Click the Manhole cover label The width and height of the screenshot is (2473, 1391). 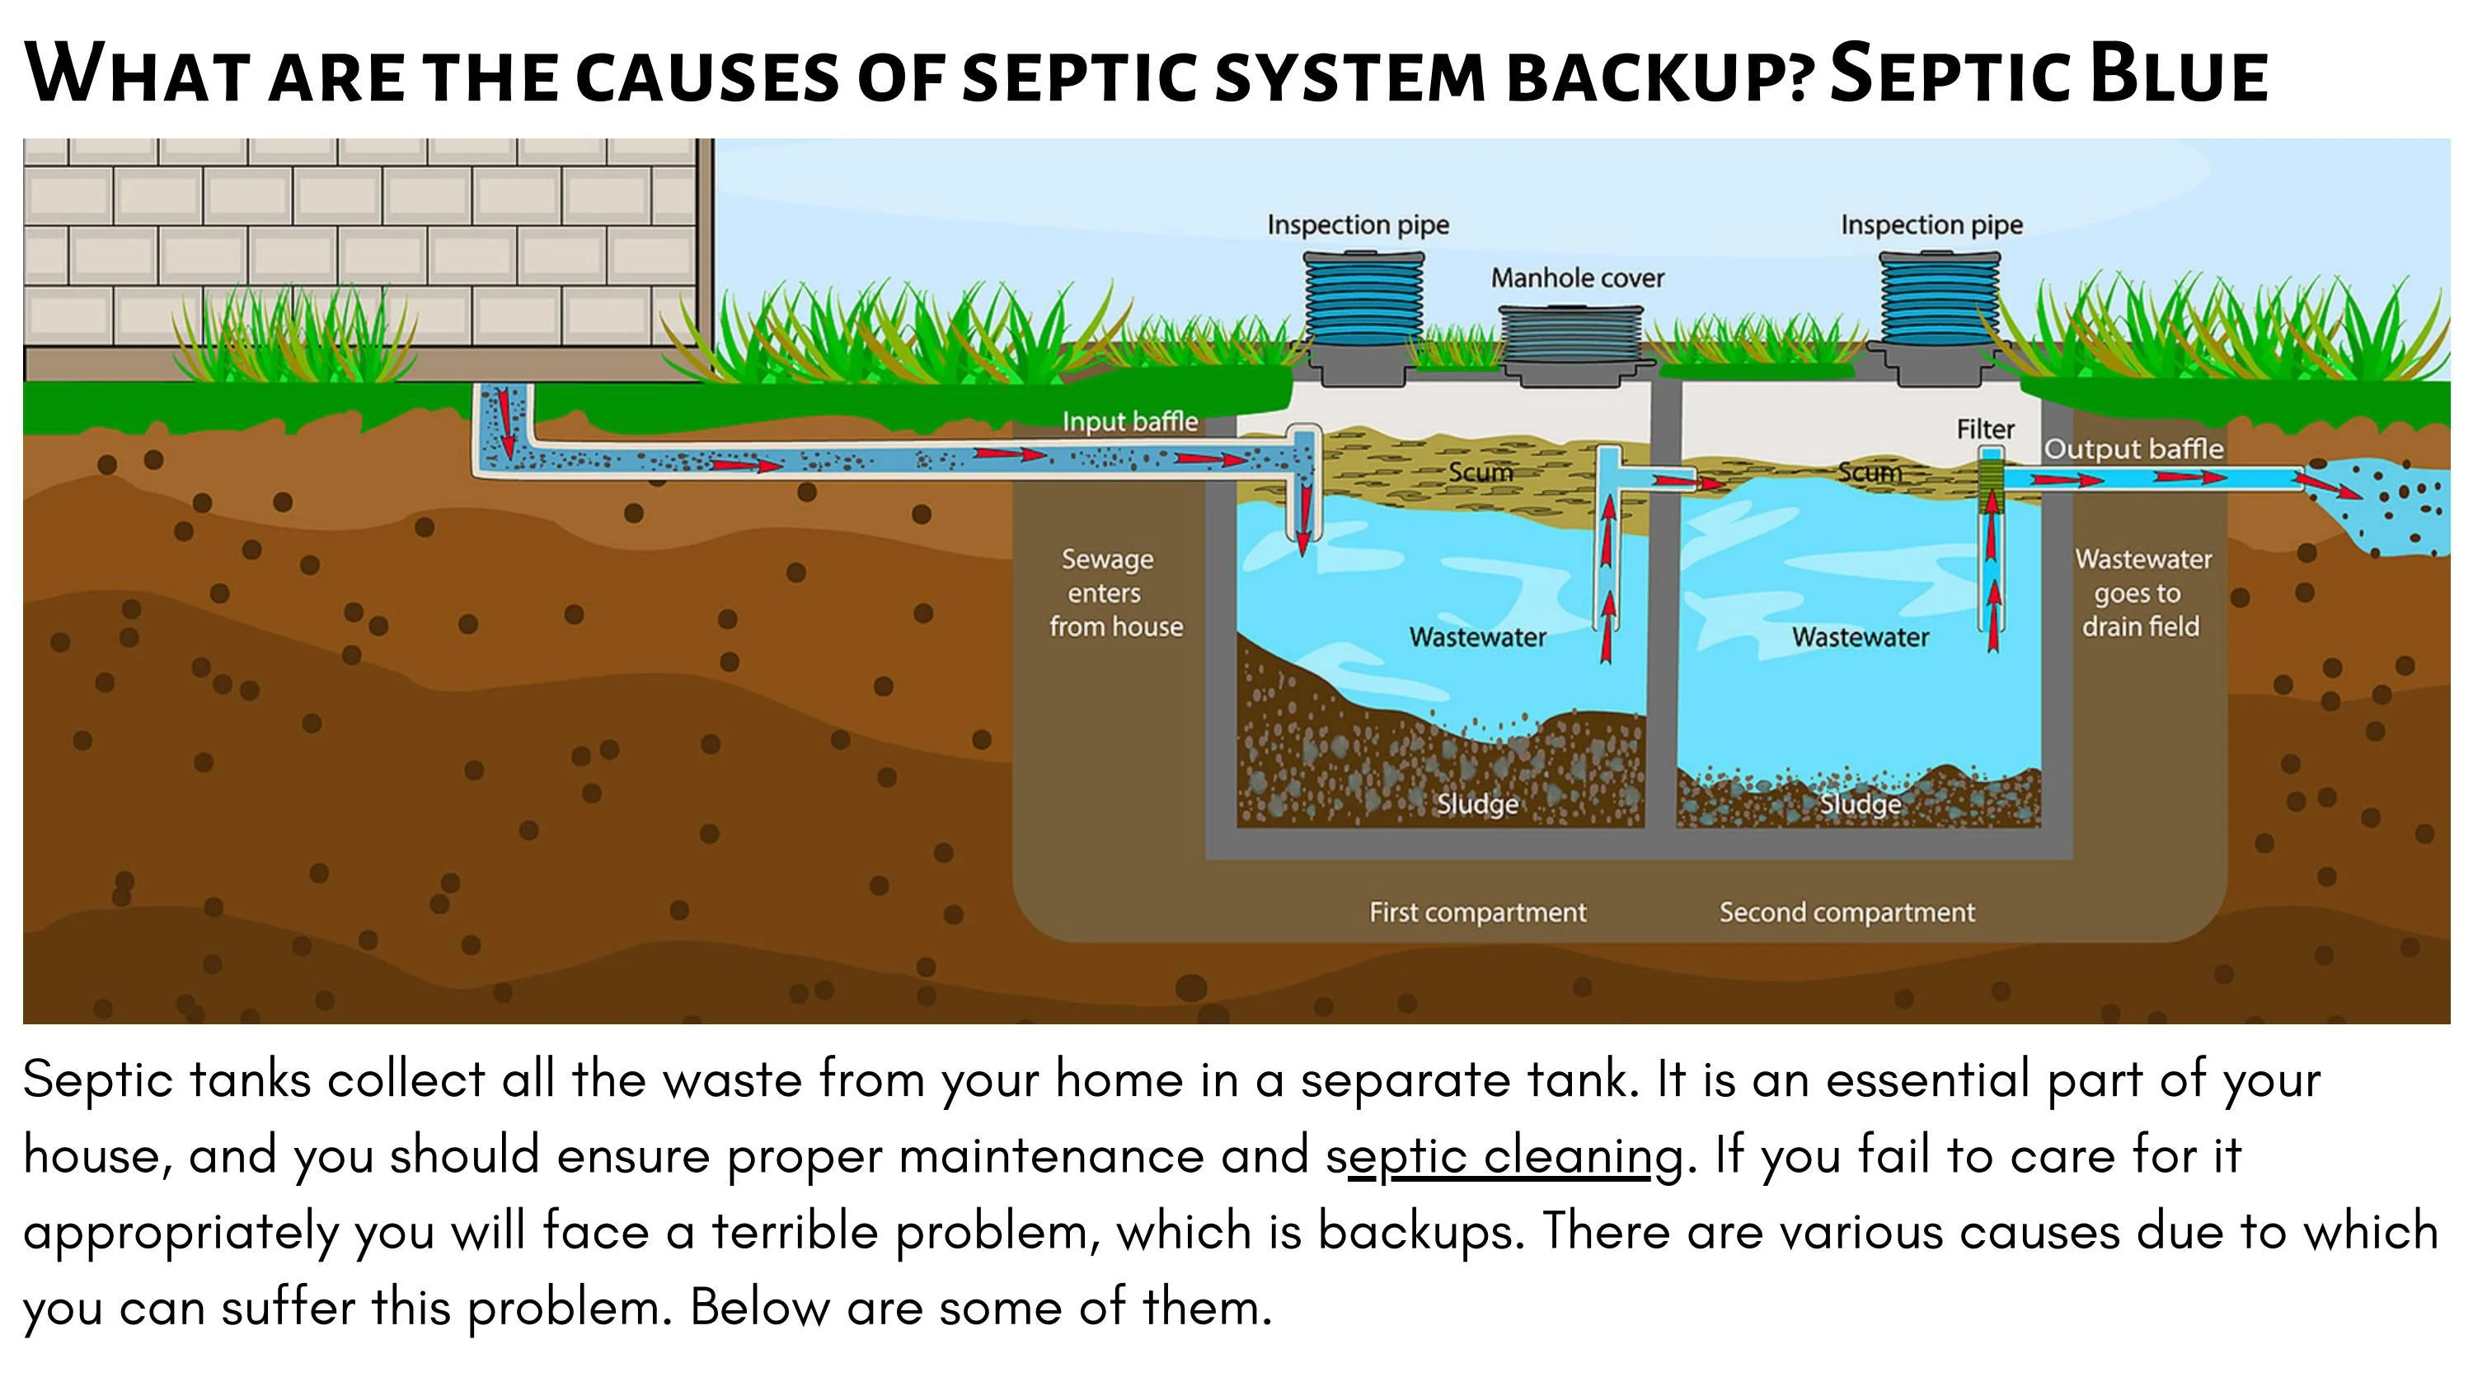1576,279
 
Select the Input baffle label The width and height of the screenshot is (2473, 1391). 1130,421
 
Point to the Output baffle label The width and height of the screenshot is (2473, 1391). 2133,449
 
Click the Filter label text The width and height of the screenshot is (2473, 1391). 1985,429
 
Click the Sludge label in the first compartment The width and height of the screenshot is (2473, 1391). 1476,803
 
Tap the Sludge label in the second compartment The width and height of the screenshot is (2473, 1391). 1860,803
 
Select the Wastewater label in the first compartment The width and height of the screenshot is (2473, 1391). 1477,638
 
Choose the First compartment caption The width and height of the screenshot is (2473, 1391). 1477,912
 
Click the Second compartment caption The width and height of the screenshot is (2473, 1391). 1847,912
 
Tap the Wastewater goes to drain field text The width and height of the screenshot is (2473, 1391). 2142,592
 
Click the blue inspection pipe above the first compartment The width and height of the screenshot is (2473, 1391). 1363,298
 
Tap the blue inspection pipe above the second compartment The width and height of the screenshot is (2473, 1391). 1939,298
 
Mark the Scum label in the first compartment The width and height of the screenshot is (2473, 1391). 1481,472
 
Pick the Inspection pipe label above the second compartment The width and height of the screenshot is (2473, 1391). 1931,225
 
